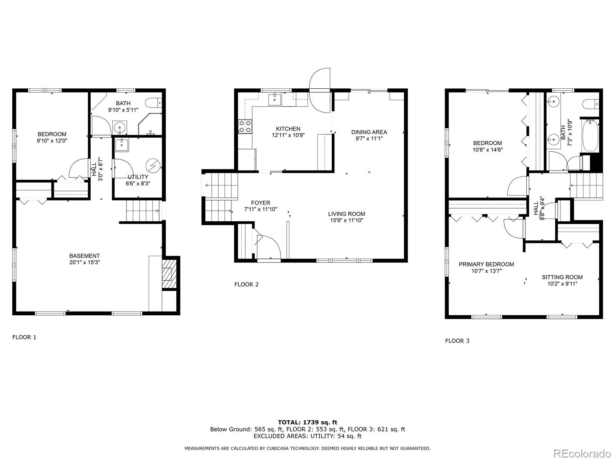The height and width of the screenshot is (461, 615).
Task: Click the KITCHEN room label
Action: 288,129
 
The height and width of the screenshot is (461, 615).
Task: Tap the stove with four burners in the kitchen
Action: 245,126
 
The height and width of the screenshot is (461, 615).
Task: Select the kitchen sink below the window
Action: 274,99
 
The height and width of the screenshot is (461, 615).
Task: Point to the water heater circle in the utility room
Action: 153,166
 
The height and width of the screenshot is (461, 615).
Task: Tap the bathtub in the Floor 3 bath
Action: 590,136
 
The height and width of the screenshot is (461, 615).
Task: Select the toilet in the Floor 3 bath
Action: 591,104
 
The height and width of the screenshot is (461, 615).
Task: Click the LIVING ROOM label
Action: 347,214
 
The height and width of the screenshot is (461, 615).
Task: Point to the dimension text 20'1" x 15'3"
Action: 85,262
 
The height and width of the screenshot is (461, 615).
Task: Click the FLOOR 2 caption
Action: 246,284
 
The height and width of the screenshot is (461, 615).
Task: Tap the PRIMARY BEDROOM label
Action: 486,264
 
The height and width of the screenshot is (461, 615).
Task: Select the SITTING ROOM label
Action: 562,277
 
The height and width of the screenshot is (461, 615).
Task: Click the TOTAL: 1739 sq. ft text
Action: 307,422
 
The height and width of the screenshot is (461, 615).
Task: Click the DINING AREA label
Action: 369,132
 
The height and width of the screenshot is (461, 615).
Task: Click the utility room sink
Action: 121,145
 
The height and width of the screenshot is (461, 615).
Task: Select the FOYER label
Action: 261,203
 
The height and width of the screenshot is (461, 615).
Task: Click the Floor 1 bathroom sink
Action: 120,128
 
